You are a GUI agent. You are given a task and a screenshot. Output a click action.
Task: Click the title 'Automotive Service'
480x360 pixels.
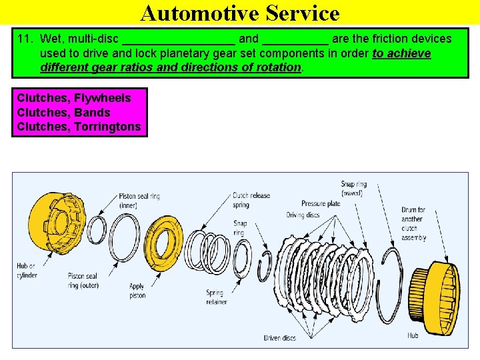pos(240,13)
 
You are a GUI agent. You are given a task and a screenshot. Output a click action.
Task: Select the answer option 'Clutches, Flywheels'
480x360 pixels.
pos(74,98)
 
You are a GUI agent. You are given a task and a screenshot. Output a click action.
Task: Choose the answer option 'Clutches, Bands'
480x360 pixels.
pos(63,112)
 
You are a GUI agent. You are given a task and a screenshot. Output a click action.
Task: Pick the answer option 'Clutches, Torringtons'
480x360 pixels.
pos(79,126)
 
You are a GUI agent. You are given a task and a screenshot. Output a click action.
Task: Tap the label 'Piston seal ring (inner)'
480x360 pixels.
pos(139,201)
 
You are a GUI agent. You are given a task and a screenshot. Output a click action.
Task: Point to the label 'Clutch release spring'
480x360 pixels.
pos(251,200)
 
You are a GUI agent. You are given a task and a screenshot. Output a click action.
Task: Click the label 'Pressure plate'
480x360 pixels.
pos(321,203)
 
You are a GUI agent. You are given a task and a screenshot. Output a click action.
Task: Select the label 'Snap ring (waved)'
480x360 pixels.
pos(353,188)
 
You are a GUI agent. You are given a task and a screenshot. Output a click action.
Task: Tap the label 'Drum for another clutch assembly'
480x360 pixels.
pos(413,223)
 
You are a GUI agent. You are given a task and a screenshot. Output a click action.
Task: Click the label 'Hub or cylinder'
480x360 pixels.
pos(27,271)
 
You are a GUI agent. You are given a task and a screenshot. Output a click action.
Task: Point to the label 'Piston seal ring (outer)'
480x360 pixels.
pos(83,281)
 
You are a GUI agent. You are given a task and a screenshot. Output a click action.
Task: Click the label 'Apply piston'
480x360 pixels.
pos(137,291)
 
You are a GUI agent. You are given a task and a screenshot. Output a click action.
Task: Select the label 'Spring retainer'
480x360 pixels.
pos(215,297)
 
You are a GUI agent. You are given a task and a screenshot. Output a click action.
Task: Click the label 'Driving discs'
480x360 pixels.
pos(303,215)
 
